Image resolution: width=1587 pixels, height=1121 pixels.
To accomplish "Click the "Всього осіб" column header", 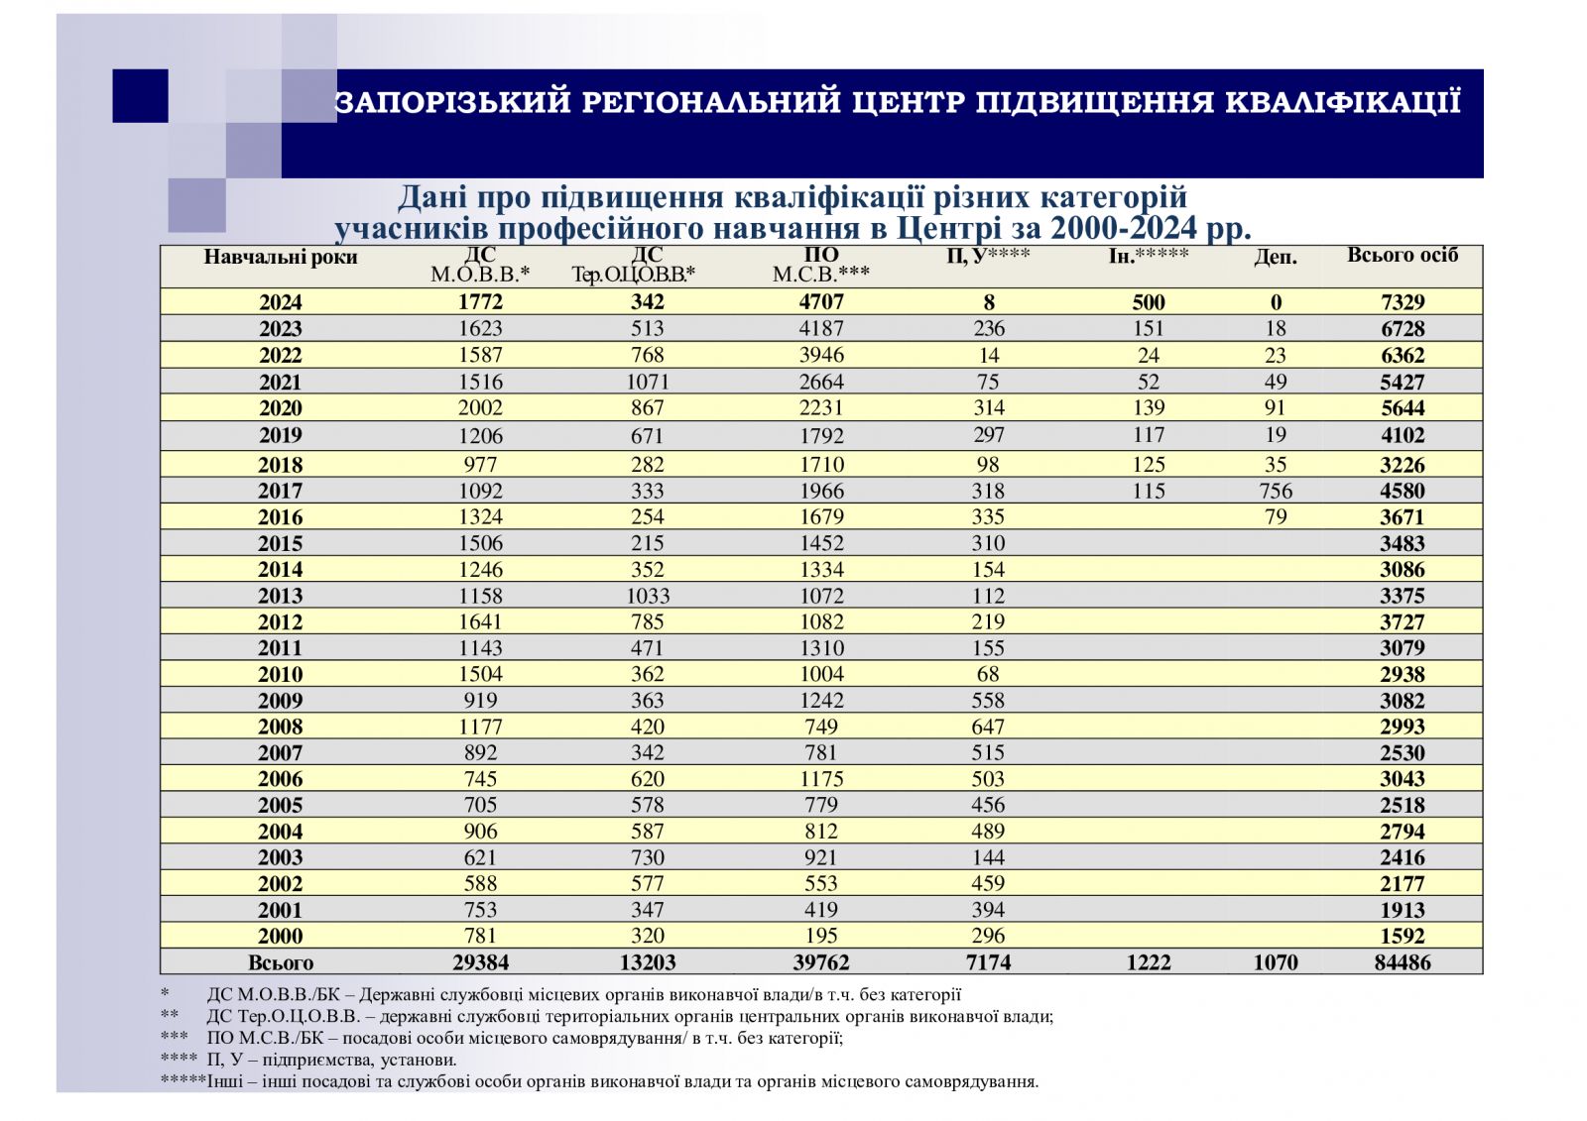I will click(1402, 256).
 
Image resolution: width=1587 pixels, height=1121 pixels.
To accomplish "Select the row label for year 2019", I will click(280, 435).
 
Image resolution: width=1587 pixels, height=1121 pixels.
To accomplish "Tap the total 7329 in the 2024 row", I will click(1402, 302).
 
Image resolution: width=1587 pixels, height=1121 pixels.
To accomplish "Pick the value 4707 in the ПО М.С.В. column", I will click(821, 302).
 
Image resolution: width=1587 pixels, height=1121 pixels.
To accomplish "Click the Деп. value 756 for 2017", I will click(1275, 491).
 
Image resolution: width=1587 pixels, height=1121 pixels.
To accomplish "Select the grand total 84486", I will click(1402, 962).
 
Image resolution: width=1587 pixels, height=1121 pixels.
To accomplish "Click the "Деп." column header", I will click(1275, 258).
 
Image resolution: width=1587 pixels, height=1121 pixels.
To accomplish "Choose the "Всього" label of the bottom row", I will click(280, 962).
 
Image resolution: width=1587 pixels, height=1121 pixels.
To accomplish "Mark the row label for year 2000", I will click(280, 936).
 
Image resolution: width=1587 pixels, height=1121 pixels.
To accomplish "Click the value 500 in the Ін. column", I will click(1148, 302).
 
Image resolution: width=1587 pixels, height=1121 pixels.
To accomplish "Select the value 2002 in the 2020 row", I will click(480, 407).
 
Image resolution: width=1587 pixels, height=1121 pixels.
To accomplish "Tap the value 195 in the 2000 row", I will click(821, 936).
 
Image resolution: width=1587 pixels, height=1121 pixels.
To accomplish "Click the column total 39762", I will click(821, 962).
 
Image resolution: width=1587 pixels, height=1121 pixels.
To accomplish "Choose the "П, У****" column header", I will click(988, 256).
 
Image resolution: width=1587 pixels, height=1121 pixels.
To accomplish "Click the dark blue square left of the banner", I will click(140, 96).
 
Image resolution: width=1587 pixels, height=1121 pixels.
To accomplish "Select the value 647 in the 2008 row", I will click(988, 727).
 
